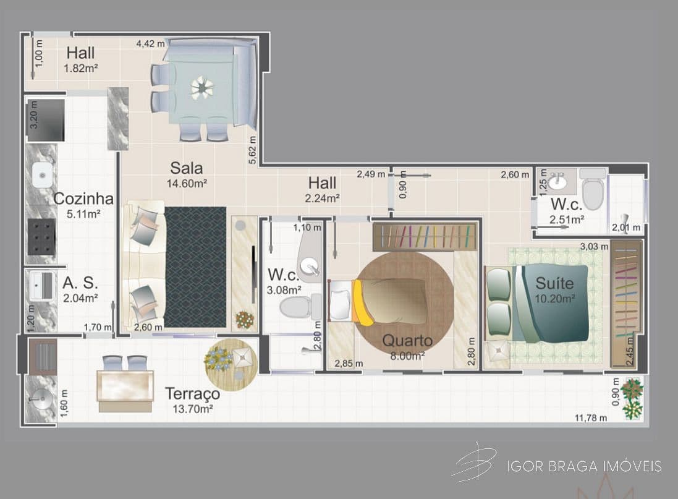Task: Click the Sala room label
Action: click(187, 168)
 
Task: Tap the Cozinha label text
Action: click(83, 198)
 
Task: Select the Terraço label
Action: click(192, 394)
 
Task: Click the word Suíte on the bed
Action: click(555, 283)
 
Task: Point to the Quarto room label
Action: click(407, 341)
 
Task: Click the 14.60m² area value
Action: click(187, 184)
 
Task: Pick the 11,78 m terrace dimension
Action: click(591, 417)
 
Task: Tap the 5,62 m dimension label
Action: click(253, 150)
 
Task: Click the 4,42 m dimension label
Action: click(150, 44)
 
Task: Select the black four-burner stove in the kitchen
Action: click(41, 236)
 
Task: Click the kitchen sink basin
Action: click(43, 175)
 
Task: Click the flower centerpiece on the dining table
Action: click(201, 87)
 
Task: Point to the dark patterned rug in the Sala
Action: click(195, 267)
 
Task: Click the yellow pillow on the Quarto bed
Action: click(361, 303)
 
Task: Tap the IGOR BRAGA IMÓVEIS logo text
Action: click(584, 466)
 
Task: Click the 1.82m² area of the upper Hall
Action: click(80, 68)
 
